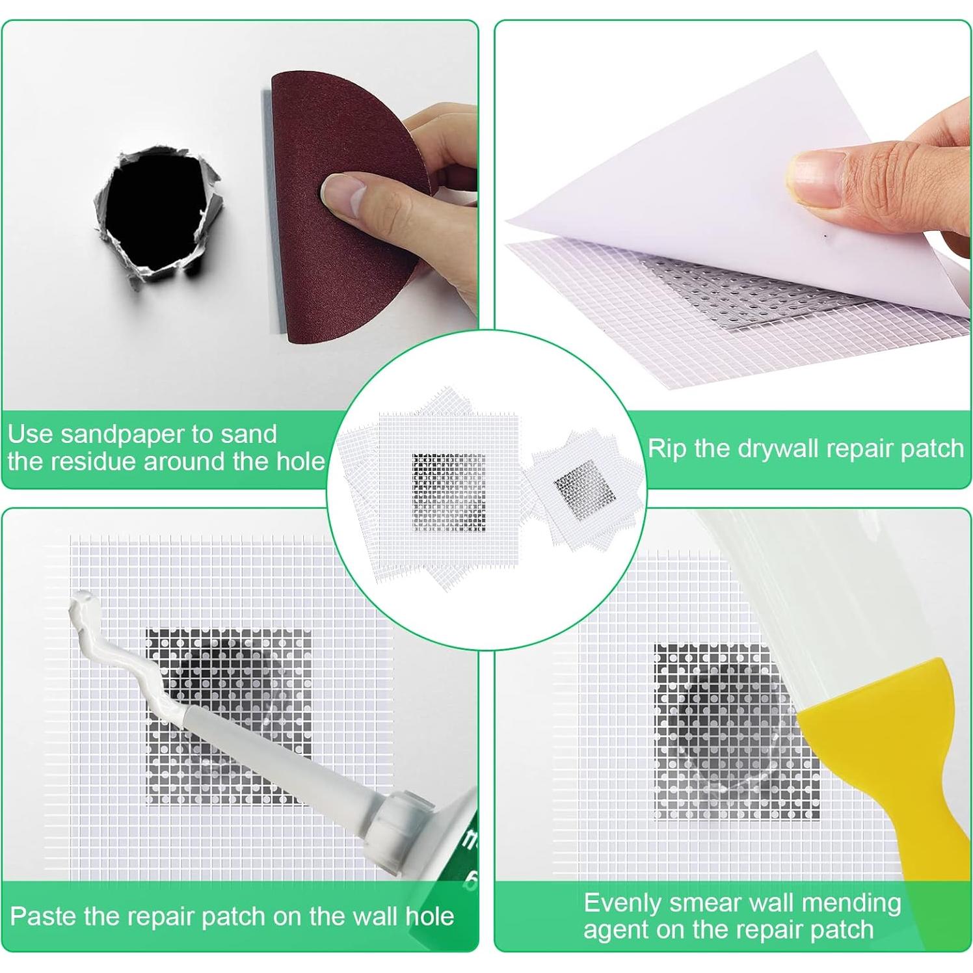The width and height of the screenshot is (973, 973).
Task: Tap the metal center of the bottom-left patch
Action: pos(228,715)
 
